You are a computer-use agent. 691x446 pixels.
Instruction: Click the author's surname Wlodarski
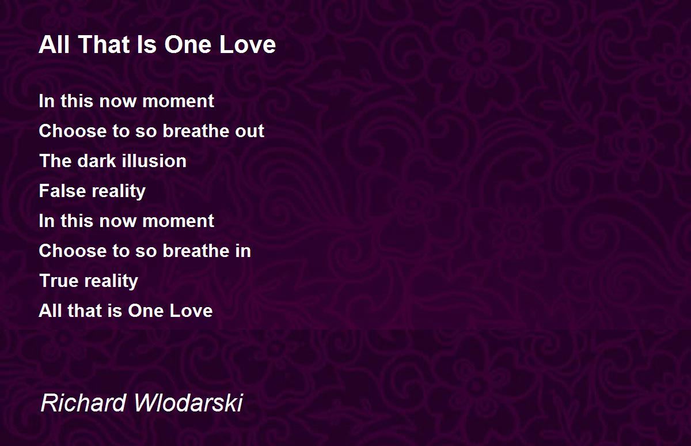click(188, 403)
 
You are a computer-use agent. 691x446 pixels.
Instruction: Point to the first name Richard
click(83, 403)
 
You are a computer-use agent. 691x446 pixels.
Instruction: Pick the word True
click(59, 281)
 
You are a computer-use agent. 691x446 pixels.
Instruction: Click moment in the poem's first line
click(179, 101)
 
